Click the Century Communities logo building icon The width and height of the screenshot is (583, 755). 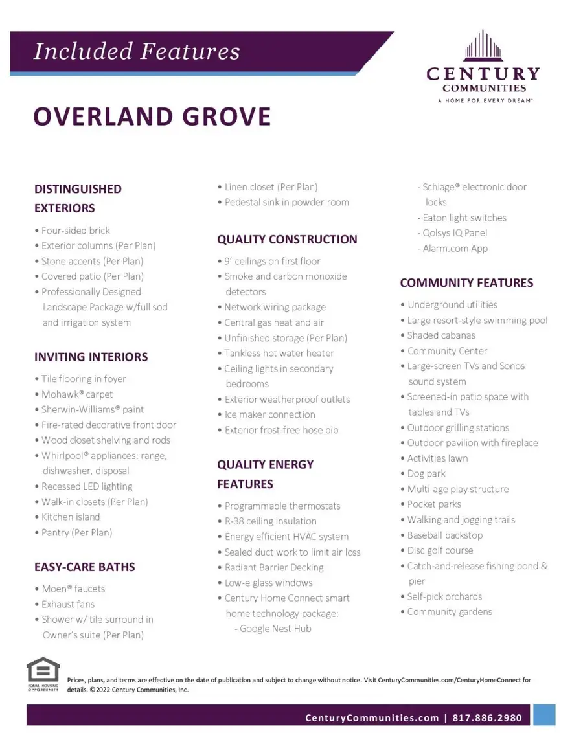pos(483,47)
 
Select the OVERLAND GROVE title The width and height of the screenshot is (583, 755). pos(152,117)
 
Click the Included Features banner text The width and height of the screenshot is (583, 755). pos(137,51)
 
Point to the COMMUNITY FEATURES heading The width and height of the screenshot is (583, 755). pos(466,283)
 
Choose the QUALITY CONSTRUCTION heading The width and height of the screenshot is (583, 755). pos(287,240)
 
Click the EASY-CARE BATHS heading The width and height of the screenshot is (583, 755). pos(85,567)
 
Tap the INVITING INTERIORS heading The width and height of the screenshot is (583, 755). pos(91,357)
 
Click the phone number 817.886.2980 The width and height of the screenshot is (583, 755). pos(487,717)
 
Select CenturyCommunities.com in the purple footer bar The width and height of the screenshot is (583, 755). pos(372,717)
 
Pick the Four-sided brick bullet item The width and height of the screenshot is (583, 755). pos(75,231)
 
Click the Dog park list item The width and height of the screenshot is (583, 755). pos(426,474)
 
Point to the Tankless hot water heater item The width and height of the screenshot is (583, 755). pos(279,354)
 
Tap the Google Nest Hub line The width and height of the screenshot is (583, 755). pos(275,629)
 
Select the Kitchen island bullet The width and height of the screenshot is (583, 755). pos(71,517)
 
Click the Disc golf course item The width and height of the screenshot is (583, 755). pos(440,551)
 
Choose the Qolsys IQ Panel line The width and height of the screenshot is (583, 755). pos(455,233)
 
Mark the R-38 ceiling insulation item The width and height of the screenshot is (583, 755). pos(270,521)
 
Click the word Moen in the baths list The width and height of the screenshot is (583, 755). pos(55,589)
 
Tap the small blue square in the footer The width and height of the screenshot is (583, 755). pos(544,715)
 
